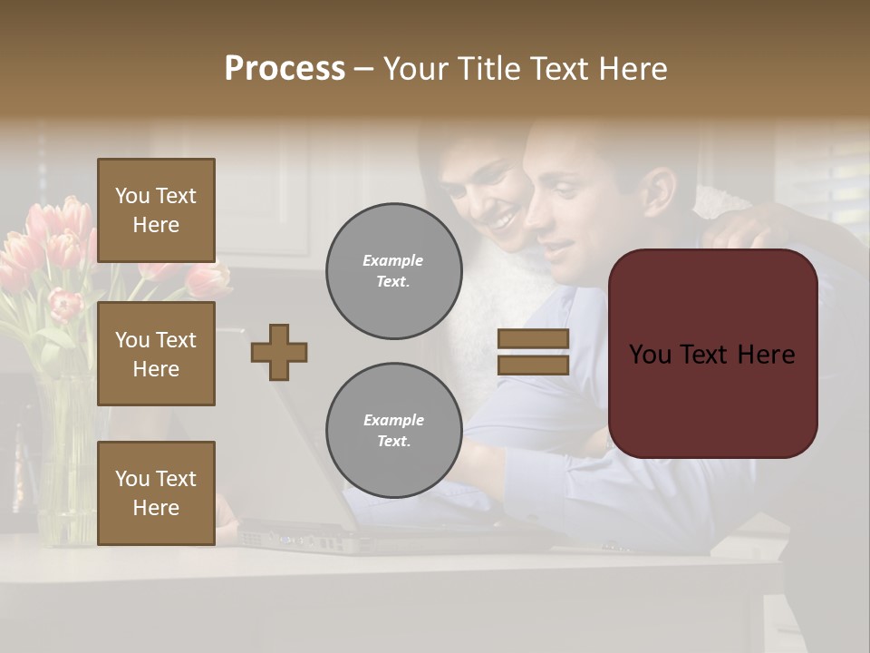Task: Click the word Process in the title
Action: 285,68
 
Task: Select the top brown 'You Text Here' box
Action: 156,210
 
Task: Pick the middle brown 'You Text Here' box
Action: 156,354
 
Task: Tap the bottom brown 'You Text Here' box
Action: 156,493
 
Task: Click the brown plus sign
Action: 279,352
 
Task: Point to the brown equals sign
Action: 534,352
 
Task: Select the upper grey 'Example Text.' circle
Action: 393,271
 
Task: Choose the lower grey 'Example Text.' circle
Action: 393,431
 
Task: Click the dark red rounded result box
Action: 712,354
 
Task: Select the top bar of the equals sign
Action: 534,339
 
